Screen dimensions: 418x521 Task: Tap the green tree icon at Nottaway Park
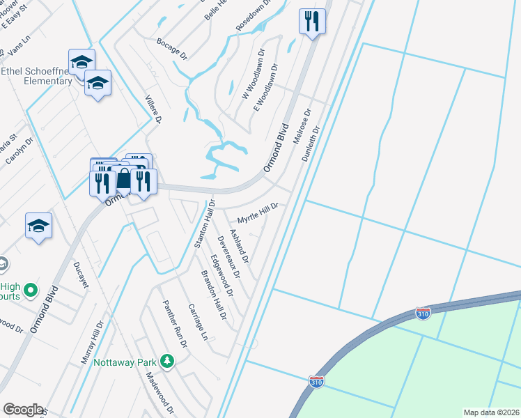[x=166, y=361]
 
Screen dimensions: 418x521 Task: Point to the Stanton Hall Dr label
[x=202, y=226]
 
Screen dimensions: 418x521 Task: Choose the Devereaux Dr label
[x=228, y=257]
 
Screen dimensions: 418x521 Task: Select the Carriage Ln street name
[x=198, y=321]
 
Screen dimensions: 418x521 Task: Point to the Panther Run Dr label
[x=175, y=324]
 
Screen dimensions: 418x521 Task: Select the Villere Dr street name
[x=153, y=110]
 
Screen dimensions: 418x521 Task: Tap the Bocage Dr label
[x=173, y=47]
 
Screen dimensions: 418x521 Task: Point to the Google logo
[x=24, y=410]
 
